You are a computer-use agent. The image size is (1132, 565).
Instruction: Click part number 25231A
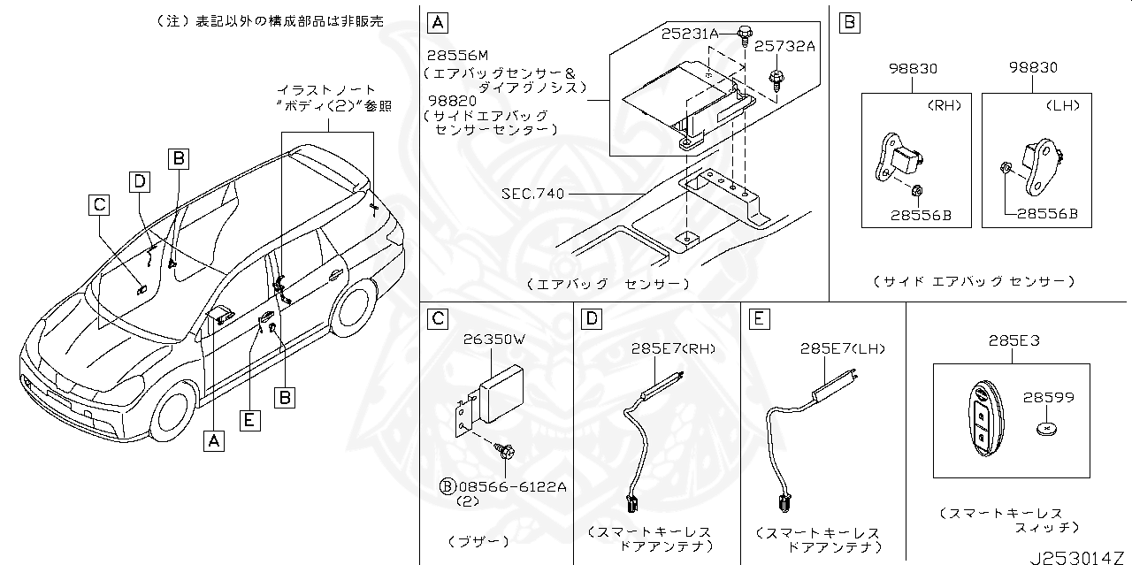click(690, 34)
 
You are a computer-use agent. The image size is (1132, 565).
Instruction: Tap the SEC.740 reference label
click(532, 194)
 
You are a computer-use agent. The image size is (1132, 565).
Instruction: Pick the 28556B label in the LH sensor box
click(1047, 213)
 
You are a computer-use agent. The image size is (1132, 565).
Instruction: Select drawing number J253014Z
click(1079, 556)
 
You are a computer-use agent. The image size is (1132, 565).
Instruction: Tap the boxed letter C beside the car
click(99, 205)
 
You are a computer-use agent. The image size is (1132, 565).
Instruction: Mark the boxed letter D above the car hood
click(139, 181)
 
